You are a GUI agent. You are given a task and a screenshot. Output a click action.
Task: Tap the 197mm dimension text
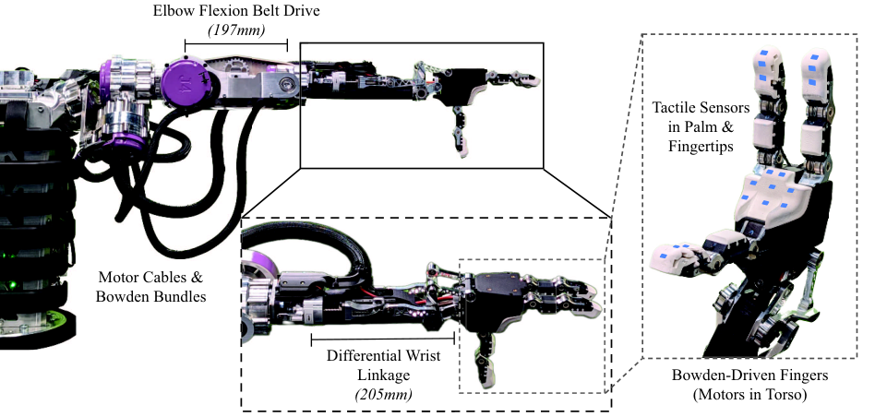[236, 30]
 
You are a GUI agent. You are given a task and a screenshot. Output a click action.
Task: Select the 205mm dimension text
[383, 395]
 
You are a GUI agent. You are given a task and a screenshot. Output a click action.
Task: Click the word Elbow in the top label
[172, 11]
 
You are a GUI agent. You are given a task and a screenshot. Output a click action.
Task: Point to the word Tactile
[673, 107]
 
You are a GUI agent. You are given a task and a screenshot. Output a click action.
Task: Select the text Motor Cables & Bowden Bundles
[150, 287]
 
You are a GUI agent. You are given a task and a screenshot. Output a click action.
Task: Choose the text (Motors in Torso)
[742, 395]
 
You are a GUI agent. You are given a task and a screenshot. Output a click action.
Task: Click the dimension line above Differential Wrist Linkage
[383, 338]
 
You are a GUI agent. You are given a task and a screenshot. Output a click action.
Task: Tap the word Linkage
[383, 375]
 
